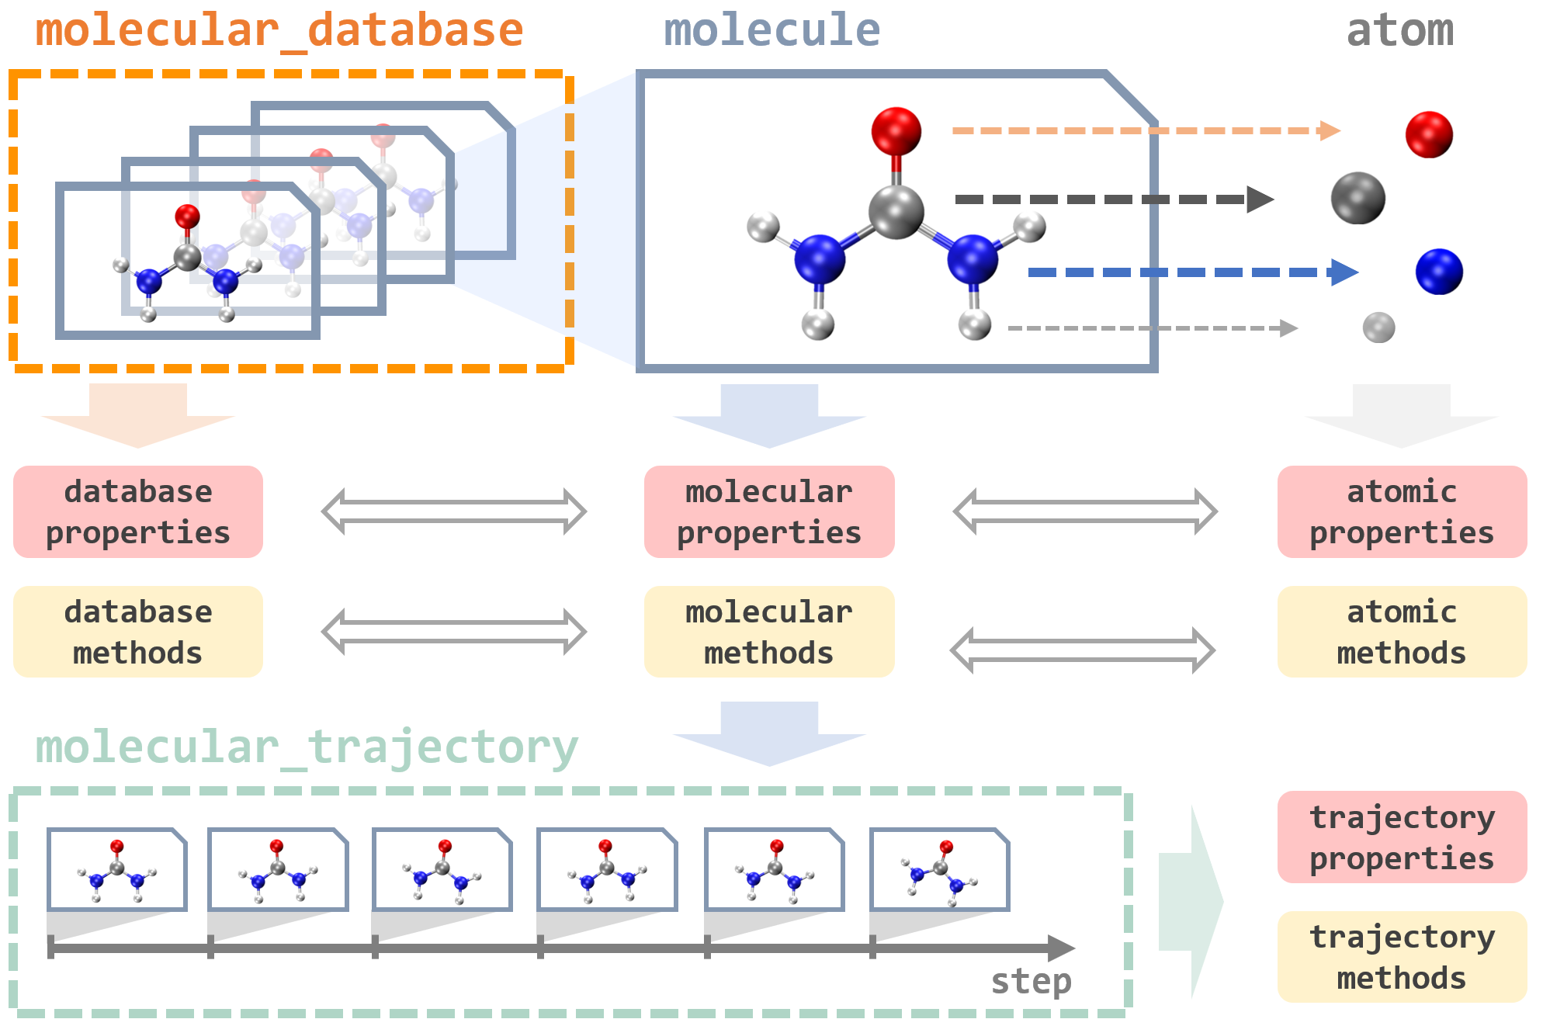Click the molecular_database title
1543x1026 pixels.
point(279,31)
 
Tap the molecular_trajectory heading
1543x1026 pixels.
point(307,747)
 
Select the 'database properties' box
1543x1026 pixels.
point(138,512)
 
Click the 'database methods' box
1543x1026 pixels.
point(138,632)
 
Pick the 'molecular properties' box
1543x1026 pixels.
point(769,512)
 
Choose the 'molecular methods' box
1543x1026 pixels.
point(769,632)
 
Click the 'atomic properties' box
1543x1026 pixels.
point(1402,512)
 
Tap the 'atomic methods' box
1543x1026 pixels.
point(1402,632)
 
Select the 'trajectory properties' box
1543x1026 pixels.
point(1402,837)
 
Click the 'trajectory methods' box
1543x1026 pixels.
point(1402,957)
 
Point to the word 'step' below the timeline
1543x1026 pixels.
point(1031,982)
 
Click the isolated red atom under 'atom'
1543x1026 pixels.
point(1429,134)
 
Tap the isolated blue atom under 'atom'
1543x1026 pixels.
point(1439,272)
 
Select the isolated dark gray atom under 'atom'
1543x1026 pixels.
point(1357,199)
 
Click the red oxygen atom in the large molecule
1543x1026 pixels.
point(896,130)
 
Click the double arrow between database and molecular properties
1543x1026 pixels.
point(454,511)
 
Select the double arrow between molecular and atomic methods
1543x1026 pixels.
point(1083,650)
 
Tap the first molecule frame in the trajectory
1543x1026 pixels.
point(117,869)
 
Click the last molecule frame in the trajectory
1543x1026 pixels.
point(939,869)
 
